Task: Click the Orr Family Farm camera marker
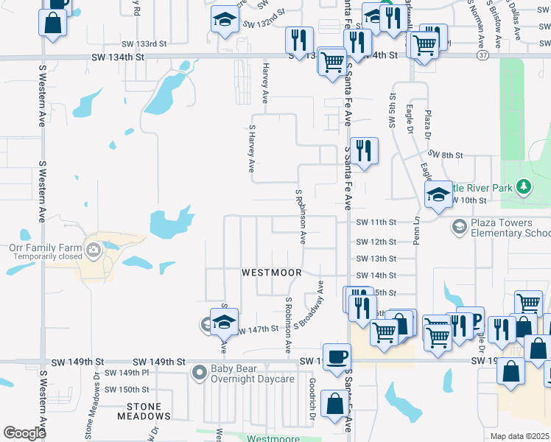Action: (x=94, y=251)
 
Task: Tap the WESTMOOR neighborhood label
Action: (x=272, y=273)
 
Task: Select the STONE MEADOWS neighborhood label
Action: (x=144, y=406)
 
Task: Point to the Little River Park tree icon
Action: (x=523, y=186)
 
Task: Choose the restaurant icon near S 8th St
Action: (x=364, y=151)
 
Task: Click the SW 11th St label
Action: (x=376, y=222)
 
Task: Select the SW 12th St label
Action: (x=376, y=242)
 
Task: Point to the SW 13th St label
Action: (x=376, y=259)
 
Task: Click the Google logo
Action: (x=24, y=433)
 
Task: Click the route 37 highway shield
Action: (x=482, y=55)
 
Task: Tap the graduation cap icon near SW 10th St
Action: (x=439, y=194)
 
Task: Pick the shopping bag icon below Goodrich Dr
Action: (x=334, y=404)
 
